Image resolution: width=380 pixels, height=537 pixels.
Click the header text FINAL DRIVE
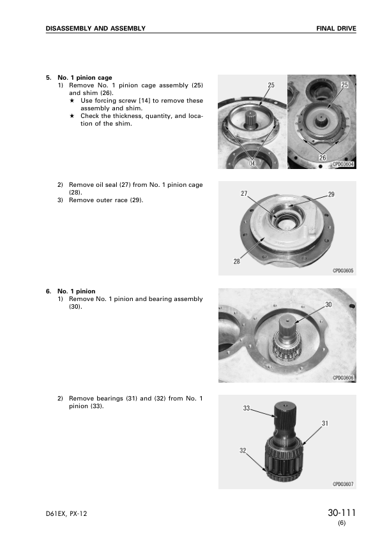(x=336, y=29)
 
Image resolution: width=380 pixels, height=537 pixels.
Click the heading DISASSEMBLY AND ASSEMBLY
(x=96, y=29)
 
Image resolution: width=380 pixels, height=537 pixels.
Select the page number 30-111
(x=342, y=513)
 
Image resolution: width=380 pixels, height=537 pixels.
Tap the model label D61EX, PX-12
(x=66, y=513)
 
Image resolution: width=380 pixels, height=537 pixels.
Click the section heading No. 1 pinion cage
(x=85, y=78)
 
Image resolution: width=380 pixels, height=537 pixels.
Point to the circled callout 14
(x=252, y=164)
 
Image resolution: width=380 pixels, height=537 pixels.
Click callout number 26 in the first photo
(x=323, y=158)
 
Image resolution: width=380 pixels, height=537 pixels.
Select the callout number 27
(x=244, y=193)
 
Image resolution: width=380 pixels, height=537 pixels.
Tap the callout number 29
(x=331, y=195)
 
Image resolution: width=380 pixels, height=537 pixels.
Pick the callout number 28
(x=237, y=261)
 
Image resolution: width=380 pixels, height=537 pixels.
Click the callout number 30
(x=328, y=304)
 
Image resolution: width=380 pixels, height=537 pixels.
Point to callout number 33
(x=247, y=408)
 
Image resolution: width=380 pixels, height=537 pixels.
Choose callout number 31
(x=325, y=423)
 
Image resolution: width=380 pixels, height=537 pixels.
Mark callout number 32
(x=243, y=451)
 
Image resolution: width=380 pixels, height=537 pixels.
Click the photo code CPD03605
(x=343, y=271)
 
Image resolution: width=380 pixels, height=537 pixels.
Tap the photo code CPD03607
(x=343, y=484)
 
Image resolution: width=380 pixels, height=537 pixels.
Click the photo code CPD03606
(x=343, y=378)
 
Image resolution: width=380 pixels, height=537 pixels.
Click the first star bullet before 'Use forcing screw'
(x=72, y=101)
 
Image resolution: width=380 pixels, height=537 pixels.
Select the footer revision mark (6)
(x=342, y=523)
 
